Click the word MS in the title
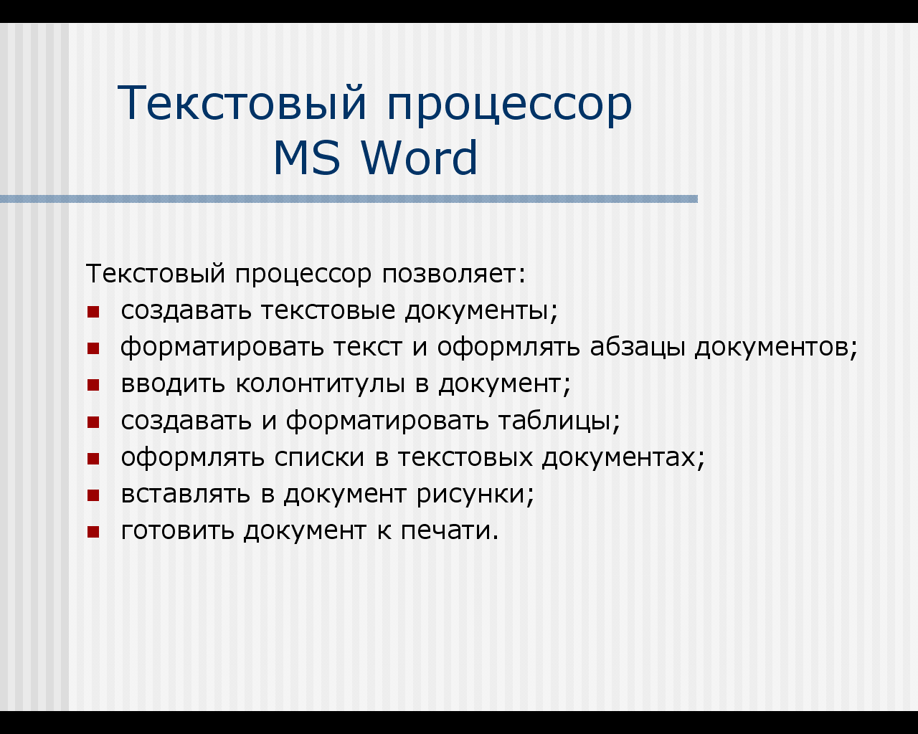pos(307,158)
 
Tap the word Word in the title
pos(420,157)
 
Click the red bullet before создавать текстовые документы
pos(93,312)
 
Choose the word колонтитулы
pos(321,385)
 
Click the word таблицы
pos(559,421)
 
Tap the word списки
pos(320,457)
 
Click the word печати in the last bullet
pos(450,531)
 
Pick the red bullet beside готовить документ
pos(93,532)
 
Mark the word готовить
pos(178,531)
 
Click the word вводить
pos(173,384)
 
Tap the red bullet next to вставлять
pos(93,495)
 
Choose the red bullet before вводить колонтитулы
pos(93,385)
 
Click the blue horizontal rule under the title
pos(349,199)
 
